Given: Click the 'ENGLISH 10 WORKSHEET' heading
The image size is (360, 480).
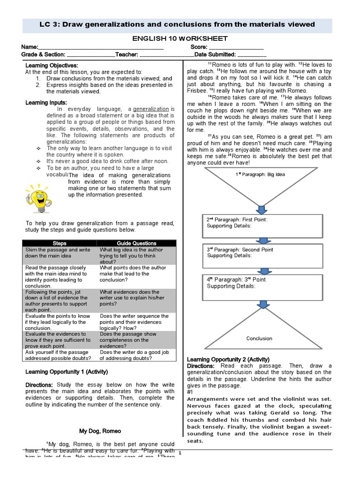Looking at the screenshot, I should tap(180, 38).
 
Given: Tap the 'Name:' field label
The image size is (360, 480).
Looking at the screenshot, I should tap(29, 47).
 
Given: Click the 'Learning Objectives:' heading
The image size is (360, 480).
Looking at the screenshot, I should tap(52, 65).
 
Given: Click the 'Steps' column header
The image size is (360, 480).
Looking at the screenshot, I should tap(60, 243).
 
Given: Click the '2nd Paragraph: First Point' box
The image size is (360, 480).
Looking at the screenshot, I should tap(262, 226).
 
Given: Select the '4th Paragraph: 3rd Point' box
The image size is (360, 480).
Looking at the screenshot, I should tap(262, 287).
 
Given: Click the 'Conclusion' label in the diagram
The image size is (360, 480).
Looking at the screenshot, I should tap(259, 338).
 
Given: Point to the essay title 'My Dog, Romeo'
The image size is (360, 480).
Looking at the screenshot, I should tap(100, 431).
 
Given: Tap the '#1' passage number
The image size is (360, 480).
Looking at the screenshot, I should tap(190, 392).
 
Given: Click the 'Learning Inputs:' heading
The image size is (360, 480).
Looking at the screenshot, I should tap(46, 103).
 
